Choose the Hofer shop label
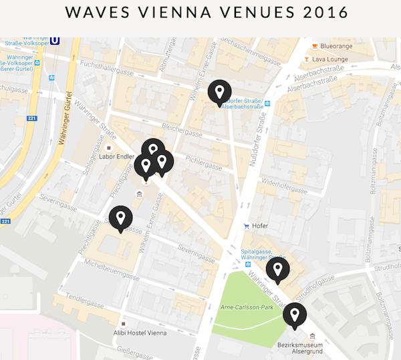(260, 226)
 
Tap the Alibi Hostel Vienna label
(146, 332)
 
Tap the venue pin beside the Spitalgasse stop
(277, 270)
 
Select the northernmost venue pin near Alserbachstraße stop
(219, 92)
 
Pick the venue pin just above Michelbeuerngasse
(121, 218)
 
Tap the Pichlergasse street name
(204, 164)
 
